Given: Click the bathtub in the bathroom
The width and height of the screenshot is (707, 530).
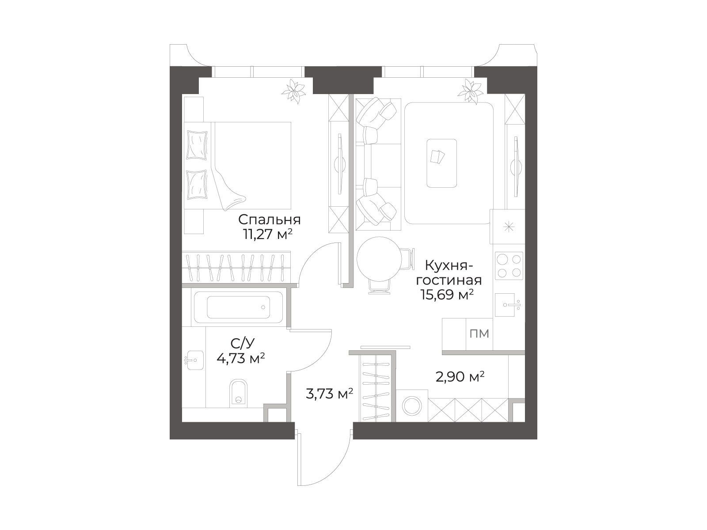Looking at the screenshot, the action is (x=238, y=307).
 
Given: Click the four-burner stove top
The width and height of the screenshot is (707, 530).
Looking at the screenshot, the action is (x=509, y=266).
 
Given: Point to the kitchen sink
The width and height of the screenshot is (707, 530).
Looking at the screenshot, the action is (x=508, y=305).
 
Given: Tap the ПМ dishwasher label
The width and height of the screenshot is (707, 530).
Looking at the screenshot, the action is (x=479, y=334).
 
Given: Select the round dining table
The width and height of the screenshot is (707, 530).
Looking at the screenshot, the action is (x=380, y=259).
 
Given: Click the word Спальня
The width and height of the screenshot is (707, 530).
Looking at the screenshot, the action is (x=269, y=220).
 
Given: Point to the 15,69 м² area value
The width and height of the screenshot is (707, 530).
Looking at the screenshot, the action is (x=448, y=294).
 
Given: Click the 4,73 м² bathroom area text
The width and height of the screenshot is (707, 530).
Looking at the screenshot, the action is (x=241, y=358).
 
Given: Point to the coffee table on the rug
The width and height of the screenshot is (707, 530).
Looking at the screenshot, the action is (x=441, y=163).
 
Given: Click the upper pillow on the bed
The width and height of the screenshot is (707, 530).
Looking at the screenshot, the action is (x=197, y=144).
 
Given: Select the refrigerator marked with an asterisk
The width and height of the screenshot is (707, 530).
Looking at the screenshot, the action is (x=507, y=227).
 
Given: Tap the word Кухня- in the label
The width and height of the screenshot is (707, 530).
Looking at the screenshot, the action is (x=449, y=266).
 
